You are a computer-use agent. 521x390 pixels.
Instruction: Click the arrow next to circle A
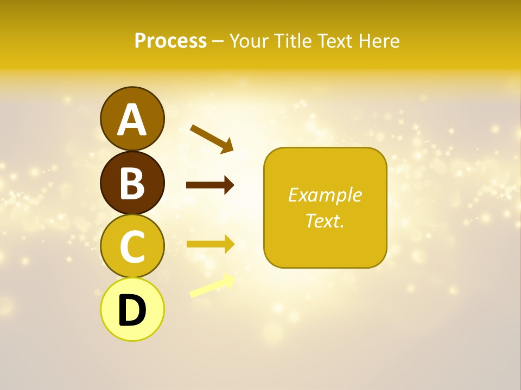[x=212, y=138]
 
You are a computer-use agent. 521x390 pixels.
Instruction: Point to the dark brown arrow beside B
[x=210, y=185]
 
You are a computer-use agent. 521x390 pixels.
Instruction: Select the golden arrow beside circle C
[x=210, y=244]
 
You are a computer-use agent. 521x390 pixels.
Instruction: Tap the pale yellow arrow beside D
[x=212, y=286]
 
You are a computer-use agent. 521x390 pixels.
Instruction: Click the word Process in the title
[x=170, y=41]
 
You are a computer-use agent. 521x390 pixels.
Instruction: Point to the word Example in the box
[x=325, y=195]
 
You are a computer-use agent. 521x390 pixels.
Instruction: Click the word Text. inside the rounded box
[x=325, y=220]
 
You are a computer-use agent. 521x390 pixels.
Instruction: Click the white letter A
[x=132, y=120]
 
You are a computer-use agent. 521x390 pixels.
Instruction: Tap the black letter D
[x=132, y=311]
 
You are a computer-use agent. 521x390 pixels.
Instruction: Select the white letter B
[x=132, y=183]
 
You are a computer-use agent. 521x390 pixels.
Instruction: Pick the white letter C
[x=132, y=247]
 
